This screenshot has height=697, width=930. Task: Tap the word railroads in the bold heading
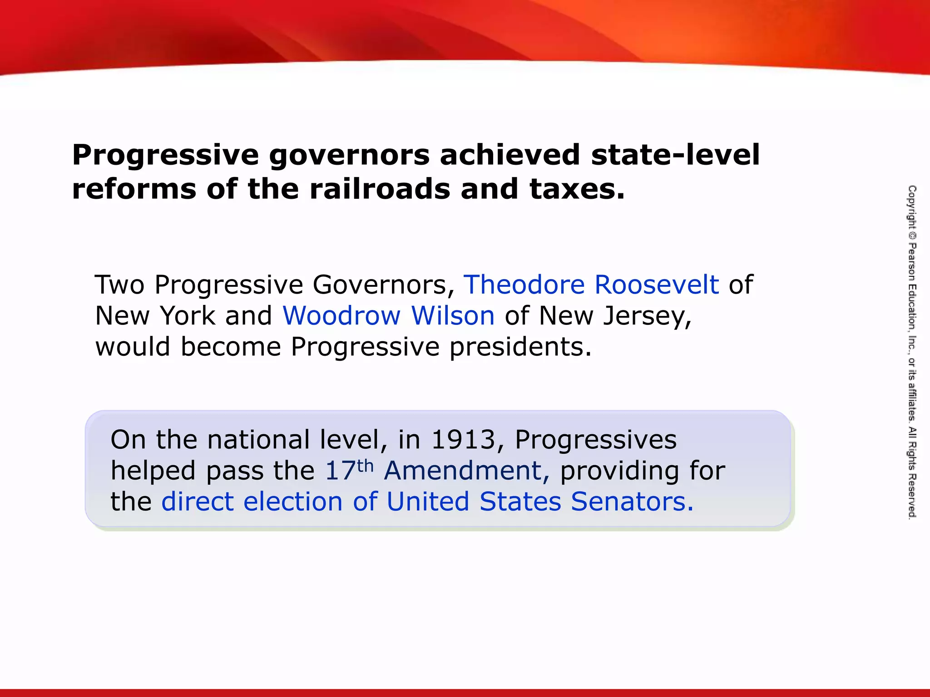click(380, 189)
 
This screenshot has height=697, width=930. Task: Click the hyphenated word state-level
click(675, 155)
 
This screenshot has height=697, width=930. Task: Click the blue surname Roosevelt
click(657, 285)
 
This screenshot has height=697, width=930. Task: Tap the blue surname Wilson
click(453, 316)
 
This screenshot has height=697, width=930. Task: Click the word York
click(188, 316)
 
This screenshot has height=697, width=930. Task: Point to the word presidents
click(520, 348)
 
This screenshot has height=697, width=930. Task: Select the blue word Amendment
click(466, 471)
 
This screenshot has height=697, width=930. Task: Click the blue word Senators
click(632, 501)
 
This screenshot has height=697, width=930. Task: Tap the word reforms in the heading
click(134, 189)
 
